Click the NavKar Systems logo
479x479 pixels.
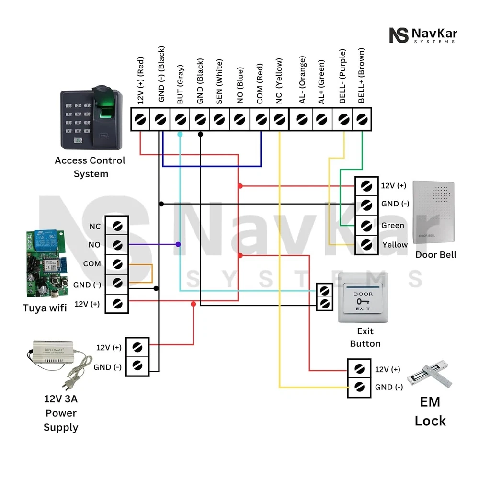tap(423, 35)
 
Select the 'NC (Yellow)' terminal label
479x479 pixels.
tap(279, 84)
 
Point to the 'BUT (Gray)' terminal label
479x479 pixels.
tap(180, 84)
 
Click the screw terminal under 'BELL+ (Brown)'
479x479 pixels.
tap(362, 118)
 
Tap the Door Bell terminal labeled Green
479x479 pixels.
tap(366, 225)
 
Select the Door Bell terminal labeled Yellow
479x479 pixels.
tap(366, 245)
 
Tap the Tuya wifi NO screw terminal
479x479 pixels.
tap(117, 245)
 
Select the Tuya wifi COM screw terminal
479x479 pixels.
tap(117, 264)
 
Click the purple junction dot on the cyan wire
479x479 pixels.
tap(178, 244)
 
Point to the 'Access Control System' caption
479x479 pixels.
tap(90, 167)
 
